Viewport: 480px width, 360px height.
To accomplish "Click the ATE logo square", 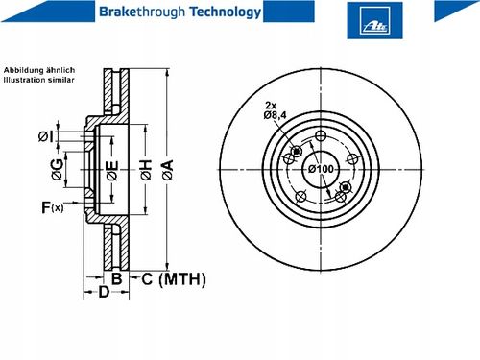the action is pyautogui.click(x=374, y=20).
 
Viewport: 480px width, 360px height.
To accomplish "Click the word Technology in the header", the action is pyautogui.click(x=226, y=12).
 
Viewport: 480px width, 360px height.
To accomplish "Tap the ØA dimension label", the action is pyautogui.click(x=168, y=170).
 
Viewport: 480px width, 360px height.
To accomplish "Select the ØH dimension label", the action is pyautogui.click(x=146, y=170).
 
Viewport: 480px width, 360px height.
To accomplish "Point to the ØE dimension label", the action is pyautogui.click(x=112, y=170).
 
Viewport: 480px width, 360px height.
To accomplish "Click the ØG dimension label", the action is pyautogui.click(x=58, y=169).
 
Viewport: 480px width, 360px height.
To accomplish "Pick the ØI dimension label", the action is pyautogui.click(x=45, y=136).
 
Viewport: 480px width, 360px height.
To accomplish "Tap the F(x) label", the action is pyautogui.click(x=53, y=207).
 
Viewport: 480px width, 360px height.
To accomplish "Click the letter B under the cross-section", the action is pyautogui.click(x=117, y=278).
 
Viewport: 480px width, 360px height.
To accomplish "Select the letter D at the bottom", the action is pyautogui.click(x=104, y=292).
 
